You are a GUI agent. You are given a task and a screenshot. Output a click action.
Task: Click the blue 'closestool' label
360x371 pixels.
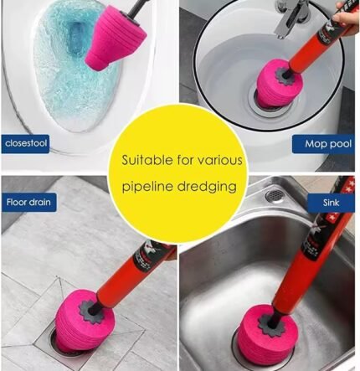click(25, 144)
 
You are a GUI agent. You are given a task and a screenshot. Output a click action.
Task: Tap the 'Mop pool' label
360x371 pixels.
click(324, 144)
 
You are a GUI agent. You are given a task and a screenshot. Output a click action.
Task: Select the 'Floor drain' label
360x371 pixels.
click(28, 202)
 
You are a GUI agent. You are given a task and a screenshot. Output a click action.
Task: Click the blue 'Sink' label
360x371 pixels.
click(331, 203)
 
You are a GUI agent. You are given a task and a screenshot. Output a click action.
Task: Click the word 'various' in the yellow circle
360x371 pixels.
click(220, 160)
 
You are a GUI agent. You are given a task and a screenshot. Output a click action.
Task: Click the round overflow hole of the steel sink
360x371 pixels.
click(274, 195)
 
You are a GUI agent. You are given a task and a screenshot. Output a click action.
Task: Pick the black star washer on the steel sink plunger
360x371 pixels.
click(270, 325)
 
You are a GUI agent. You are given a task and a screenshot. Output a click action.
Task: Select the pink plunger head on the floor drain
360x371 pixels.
click(84, 321)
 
